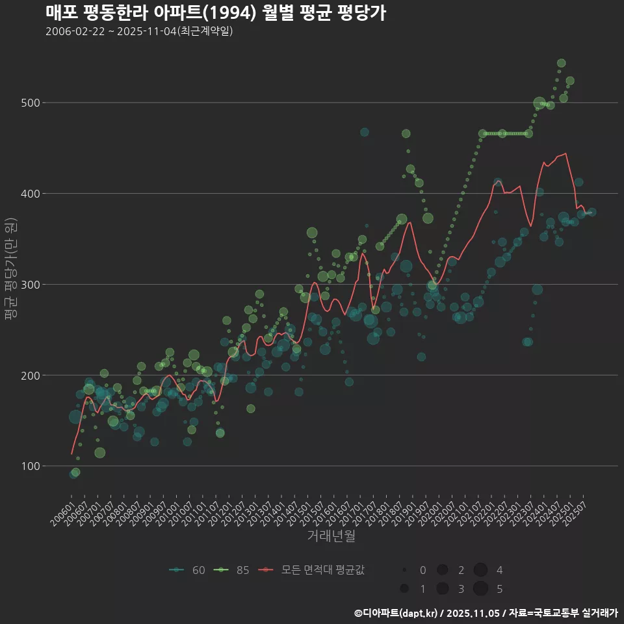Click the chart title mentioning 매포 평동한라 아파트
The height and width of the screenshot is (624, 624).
[x=216, y=12]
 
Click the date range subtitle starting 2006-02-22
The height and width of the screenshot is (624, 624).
[x=139, y=31]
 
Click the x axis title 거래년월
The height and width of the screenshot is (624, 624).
[x=331, y=536]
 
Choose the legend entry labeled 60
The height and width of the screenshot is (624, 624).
[x=188, y=570]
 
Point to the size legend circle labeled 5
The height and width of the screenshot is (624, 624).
[x=480, y=589]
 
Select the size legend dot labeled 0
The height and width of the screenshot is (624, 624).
[x=404, y=570]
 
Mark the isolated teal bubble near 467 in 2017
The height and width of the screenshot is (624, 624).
[x=364, y=132]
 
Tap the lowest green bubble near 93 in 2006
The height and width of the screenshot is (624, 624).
[x=75, y=473]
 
